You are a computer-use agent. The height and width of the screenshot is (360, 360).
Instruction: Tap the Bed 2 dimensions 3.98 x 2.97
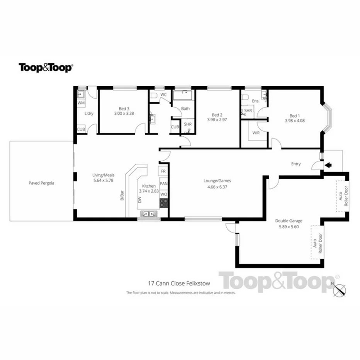click(x=217, y=120)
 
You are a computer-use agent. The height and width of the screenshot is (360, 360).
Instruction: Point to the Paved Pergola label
click(x=41, y=183)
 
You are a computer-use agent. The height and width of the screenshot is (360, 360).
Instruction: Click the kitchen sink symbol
click(x=149, y=213)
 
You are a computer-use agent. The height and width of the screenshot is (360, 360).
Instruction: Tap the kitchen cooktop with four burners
click(x=164, y=203)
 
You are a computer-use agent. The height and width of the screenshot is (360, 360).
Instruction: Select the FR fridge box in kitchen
click(x=163, y=171)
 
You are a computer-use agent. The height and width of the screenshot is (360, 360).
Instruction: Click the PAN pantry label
click(x=163, y=183)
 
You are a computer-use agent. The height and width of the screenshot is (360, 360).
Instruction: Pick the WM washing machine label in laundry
click(x=81, y=103)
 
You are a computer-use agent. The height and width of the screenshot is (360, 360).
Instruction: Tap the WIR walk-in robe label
click(x=256, y=133)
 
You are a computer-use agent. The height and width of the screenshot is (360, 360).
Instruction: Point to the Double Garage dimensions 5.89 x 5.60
click(x=289, y=227)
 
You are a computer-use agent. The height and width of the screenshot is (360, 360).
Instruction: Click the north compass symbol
click(x=340, y=287)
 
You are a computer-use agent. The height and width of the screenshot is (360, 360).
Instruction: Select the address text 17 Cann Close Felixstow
click(x=179, y=283)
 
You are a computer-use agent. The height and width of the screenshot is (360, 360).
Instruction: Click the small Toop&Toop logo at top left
click(x=46, y=68)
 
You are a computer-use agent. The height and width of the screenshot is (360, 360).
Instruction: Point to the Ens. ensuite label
click(x=255, y=101)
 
